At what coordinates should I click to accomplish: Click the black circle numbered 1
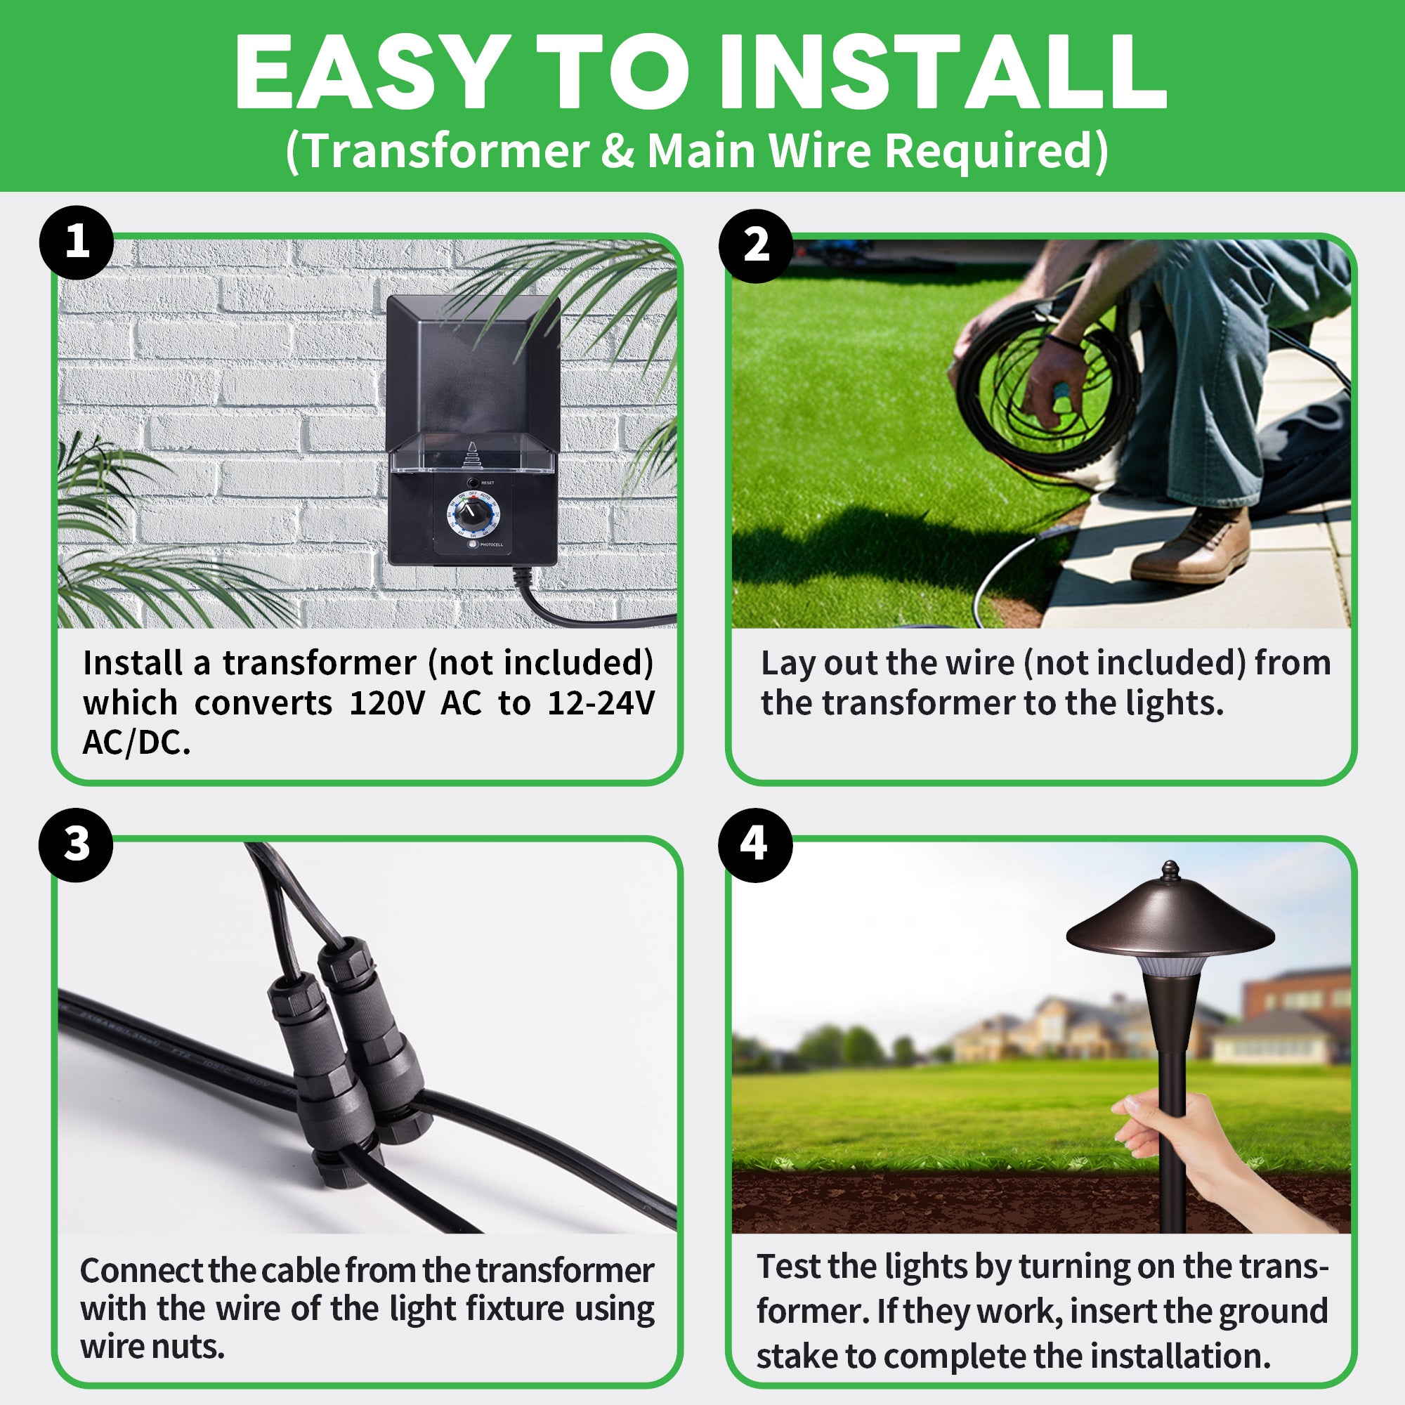click(x=77, y=242)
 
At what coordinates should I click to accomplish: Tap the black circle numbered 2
click(x=756, y=245)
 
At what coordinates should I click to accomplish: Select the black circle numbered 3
click(x=77, y=845)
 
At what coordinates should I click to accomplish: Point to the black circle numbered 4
click(x=754, y=845)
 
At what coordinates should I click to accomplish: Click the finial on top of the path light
click(x=1170, y=869)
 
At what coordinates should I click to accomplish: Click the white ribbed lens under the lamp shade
click(x=1170, y=965)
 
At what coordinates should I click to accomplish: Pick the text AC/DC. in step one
click(x=136, y=743)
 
